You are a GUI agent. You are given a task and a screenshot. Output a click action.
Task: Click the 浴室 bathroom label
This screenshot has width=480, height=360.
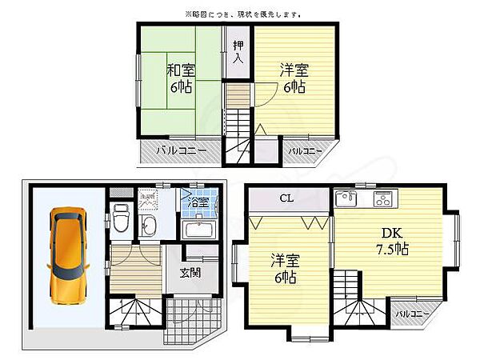coord(198,202)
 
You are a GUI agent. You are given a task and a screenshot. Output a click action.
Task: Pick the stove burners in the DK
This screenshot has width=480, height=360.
coord(382,198)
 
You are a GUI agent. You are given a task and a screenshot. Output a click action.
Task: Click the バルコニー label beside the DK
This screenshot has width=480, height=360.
coord(414,314)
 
